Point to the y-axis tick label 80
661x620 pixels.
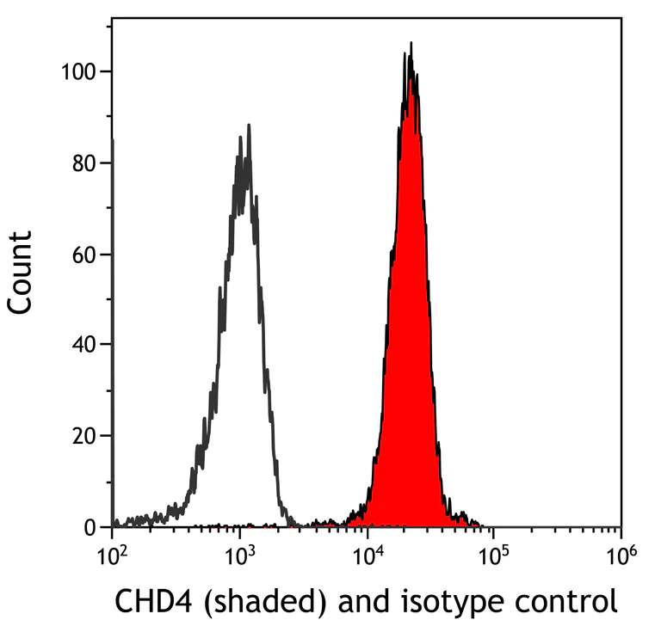[83, 163]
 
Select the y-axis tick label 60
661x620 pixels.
[83, 254]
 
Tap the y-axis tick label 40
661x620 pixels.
[83, 345]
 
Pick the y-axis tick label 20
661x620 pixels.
[83, 436]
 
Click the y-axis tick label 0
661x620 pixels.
[90, 526]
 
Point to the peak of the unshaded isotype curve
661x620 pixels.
[248, 126]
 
